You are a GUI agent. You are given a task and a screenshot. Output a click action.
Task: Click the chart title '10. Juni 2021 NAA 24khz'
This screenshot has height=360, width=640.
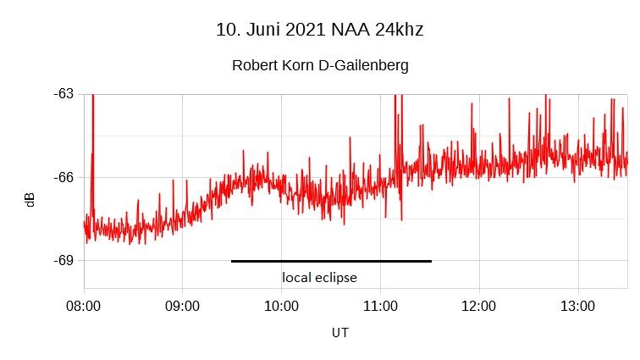(320, 30)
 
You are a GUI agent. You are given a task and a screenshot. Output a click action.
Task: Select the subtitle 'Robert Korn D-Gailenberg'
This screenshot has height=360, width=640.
(320, 66)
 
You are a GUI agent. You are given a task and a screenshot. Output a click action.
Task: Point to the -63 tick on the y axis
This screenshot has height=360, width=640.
(62, 93)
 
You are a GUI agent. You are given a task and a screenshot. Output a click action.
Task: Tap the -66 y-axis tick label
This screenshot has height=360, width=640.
(62, 177)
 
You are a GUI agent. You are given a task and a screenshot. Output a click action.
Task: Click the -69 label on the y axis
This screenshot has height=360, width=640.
(62, 260)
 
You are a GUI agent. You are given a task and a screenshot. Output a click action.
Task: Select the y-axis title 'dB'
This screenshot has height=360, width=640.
(30, 200)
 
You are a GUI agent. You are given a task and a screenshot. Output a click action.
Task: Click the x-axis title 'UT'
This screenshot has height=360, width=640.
(339, 333)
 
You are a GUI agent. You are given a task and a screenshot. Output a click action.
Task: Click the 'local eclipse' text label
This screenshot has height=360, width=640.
(319, 278)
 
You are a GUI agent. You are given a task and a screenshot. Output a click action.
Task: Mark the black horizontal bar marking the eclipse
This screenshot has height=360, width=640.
(331, 261)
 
